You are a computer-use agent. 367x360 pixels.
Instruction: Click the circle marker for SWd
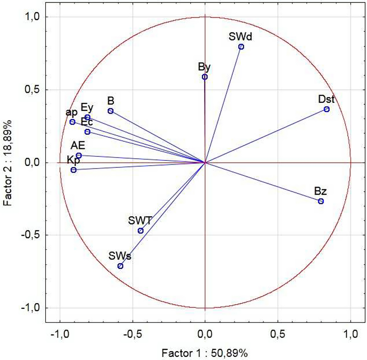[241, 47]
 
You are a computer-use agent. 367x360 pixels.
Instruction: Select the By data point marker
[205, 77]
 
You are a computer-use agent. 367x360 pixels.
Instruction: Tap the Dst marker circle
[327, 109]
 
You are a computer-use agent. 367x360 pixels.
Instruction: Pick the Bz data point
[321, 201]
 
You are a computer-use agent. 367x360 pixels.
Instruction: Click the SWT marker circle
[140, 231]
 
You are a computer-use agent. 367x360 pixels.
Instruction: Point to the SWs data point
[120, 266]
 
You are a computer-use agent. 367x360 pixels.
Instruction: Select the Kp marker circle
[74, 170]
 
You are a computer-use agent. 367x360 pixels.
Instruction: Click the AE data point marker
[79, 155]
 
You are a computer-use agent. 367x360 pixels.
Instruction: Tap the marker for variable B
[111, 111]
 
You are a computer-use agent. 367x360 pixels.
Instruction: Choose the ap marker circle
[72, 122]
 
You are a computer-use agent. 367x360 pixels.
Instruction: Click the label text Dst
[326, 99]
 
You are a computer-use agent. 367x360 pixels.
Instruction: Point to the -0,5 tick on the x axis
[132, 334]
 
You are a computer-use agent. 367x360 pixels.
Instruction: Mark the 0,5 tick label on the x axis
[278, 334]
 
